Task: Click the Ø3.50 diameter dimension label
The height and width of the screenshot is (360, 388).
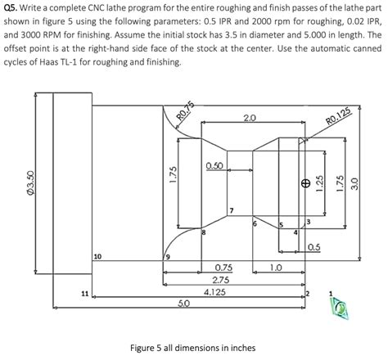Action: [30, 179]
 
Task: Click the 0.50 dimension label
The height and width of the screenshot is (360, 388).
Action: [215, 166]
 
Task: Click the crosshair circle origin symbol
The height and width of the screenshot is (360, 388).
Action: [304, 183]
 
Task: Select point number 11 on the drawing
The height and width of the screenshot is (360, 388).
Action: [84, 292]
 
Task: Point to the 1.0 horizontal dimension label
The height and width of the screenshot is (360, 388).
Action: [275, 268]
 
